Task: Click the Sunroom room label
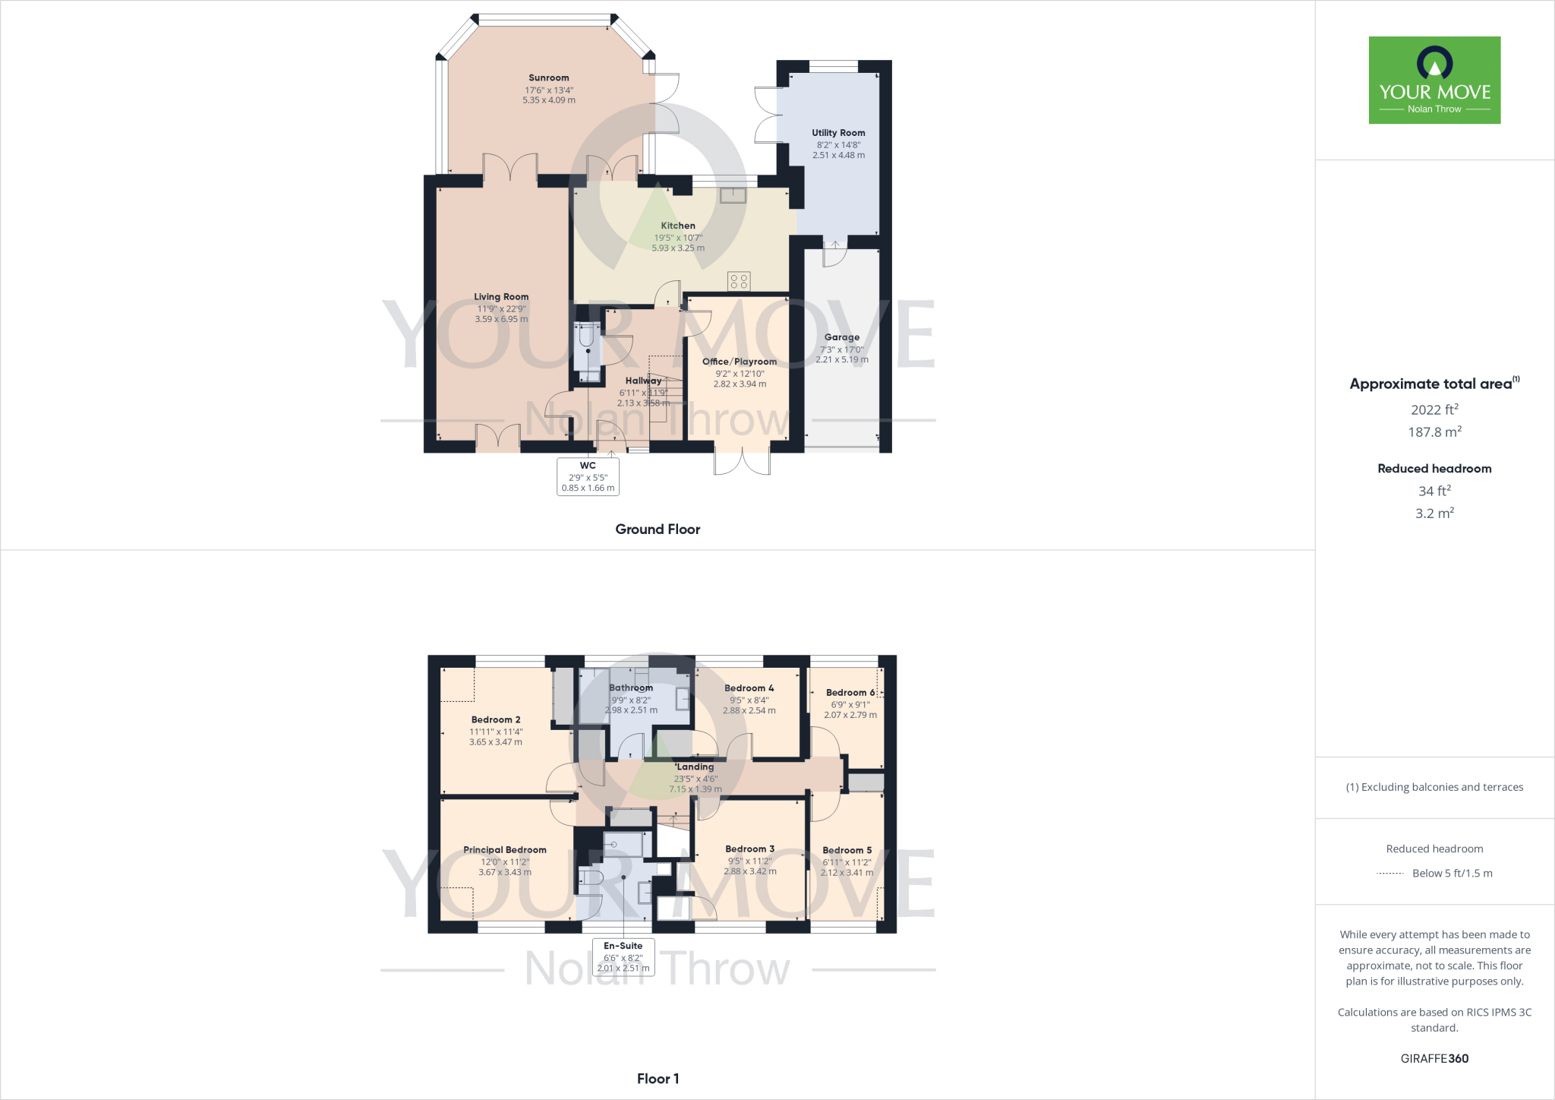coord(548,78)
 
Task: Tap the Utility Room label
coord(838,133)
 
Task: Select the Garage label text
coord(842,337)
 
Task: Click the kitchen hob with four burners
coord(739,281)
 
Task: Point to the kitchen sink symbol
coord(733,195)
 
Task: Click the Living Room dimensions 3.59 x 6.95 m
coord(501,319)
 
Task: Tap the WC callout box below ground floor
coord(588,476)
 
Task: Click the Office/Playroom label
coord(740,362)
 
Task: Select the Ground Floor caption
coord(658,529)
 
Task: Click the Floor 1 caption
coord(658,1079)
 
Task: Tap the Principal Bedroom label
coord(505,850)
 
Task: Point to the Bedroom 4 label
coord(749,688)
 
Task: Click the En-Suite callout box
coord(623,956)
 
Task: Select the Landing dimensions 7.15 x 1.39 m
coord(695,789)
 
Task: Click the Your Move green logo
coord(1434,80)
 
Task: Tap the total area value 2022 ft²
coord(1434,409)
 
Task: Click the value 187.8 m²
coord(1434,431)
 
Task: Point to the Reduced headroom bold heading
coord(1434,469)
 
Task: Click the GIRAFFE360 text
coord(1434,1058)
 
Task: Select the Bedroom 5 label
coord(847,851)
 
